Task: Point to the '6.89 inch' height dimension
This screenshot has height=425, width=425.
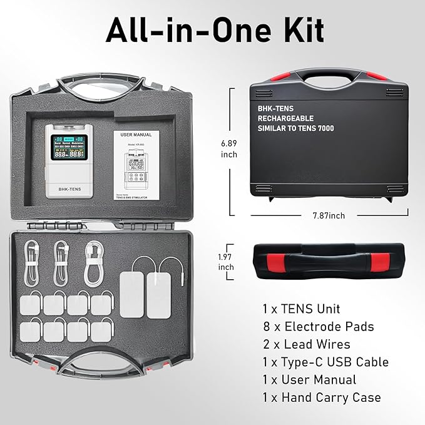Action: coord(228,148)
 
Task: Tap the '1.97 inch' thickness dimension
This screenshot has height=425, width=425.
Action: coord(227,261)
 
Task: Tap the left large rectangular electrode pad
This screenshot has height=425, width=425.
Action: coord(133,292)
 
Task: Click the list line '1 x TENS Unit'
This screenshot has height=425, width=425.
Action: coord(302,309)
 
